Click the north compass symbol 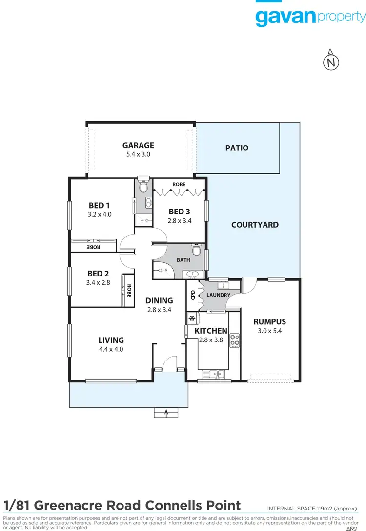(331, 62)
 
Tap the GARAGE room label (138, 145)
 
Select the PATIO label (237, 148)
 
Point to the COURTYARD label (255, 225)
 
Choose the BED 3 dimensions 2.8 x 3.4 (180, 220)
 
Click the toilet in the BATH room (196, 251)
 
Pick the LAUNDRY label (218, 296)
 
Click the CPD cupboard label (193, 295)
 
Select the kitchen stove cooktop (235, 340)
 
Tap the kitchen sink (214, 375)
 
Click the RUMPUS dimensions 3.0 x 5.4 (269, 331)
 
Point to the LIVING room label (111, 340)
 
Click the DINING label (159, 300)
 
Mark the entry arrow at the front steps (167, 413)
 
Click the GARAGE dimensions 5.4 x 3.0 (138, 154)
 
